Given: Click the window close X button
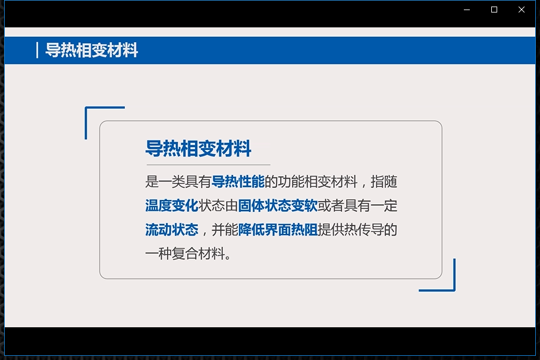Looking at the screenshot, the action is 522,10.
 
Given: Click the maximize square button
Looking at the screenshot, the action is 494,10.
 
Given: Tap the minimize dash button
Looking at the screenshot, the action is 467,10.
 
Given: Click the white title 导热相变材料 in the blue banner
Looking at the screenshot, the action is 92,51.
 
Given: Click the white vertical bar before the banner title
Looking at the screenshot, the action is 37,51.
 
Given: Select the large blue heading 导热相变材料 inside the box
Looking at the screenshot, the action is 199,149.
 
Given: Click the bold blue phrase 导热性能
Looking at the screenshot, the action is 238,181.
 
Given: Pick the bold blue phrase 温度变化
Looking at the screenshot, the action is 172,206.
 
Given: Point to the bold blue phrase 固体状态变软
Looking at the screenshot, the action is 278,206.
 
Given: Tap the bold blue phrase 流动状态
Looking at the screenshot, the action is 172,230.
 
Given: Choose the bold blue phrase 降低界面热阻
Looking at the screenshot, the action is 278,230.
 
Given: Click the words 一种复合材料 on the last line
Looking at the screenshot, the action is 186,254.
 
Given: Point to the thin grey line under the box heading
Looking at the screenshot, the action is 208,165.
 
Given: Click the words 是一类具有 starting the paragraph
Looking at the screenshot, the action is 178,181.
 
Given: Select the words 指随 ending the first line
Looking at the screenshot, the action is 384,181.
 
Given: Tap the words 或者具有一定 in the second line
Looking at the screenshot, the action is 357,206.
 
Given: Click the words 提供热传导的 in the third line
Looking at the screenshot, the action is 357,230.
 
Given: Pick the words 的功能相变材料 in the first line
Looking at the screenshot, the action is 311,181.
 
